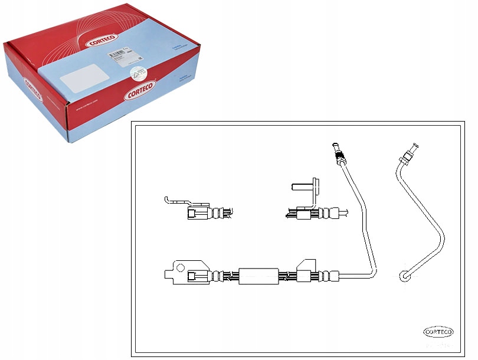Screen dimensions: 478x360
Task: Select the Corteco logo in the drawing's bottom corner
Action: [x=438, y=331]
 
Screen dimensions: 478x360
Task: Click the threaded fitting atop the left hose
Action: [x=338, y=155]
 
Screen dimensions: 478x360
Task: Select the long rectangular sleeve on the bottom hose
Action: [x=258, y=276]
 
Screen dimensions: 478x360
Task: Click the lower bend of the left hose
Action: [x=369, y=272]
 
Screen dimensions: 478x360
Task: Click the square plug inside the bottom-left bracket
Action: [x=193, y=276]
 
